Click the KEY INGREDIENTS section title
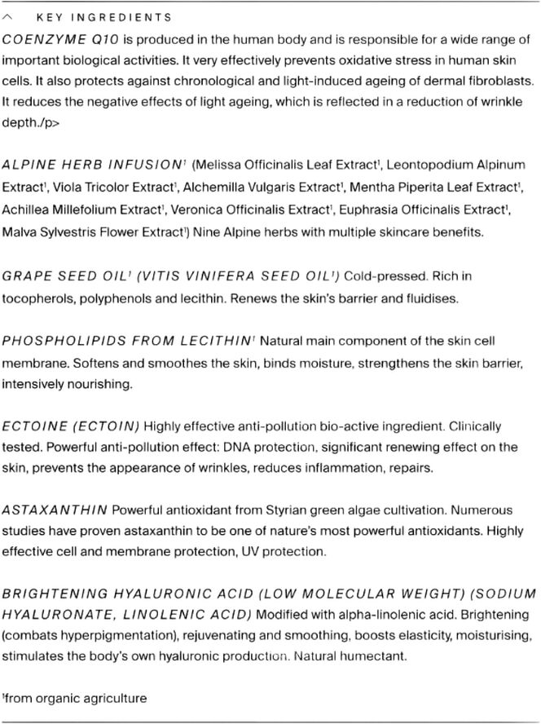(x=104, y=17)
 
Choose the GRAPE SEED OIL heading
(x=65, y=276)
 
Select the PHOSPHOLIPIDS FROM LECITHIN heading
(x=127, y=341)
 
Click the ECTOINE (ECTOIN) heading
(x=71, y=426)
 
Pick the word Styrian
(x=288, y=510)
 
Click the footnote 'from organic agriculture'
(x=76, y=698)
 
